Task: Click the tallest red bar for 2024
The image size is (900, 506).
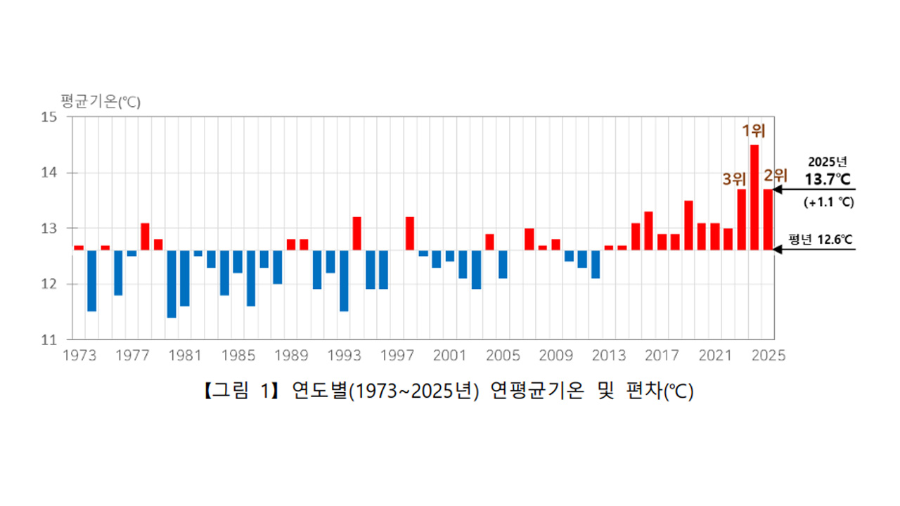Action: pyautogui.click(x=754, y=197)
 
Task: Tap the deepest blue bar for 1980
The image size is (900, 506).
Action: pyautogui.click(x=172, y=284)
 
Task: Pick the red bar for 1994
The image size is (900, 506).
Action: pyautogui.click(x=356, y=233)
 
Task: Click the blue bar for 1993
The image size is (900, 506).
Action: pyautogui.click(x=344, y=280)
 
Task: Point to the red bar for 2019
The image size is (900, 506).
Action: pyautogui.click(x=688, y=226)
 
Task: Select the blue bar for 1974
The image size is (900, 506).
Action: pyautogui.click(x=91, y=280)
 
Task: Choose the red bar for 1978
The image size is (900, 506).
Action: pyautogui.click(x=145, y=237)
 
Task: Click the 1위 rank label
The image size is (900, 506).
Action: pyautogui.click(x=754, y=130)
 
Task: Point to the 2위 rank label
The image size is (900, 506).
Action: pyautogui.click(x=776, y=176)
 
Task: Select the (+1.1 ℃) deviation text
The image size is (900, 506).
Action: pyautogui.click(x=828, y=202)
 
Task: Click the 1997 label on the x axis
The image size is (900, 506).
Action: pyautogui.click(x=397, y=355)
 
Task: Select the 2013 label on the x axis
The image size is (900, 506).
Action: pyautogui.click(x=609, y=355)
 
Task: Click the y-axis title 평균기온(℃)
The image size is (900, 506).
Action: pyautogui.click(x=101, y=102)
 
